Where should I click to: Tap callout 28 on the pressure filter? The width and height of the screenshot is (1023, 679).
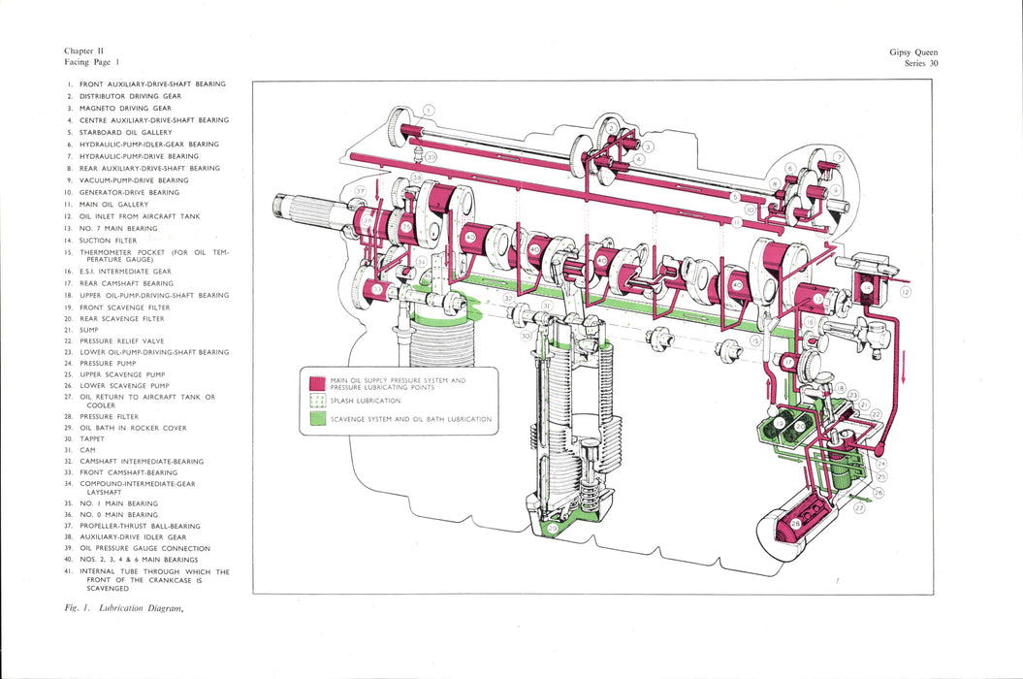[795, 525]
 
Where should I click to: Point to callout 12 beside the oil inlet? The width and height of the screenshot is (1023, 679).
[906, 292]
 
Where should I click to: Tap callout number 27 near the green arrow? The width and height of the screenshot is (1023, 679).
[840, 157]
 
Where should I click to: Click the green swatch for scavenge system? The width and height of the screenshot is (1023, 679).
[316, 419]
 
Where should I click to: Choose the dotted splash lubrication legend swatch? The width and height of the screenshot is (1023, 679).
[316, 401]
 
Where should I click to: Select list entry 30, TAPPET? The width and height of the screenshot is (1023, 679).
[98, 438]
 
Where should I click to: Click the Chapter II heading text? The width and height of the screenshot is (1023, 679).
[84, 50]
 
